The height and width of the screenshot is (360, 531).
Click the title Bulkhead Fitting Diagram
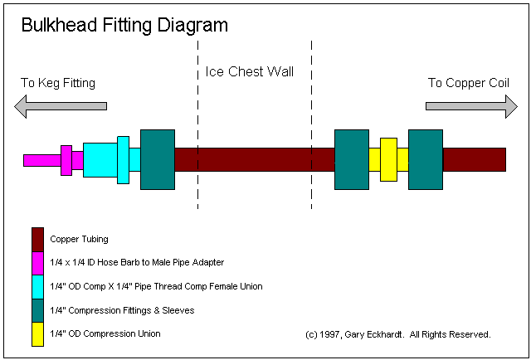[124, 26]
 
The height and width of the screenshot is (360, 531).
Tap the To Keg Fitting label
[58, 83]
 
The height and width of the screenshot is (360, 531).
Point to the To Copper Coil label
[467, 83]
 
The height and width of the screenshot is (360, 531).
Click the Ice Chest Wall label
[249, 71]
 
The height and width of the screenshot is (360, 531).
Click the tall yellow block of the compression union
[388, 159]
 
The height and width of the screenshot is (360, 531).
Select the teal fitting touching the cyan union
[158, 159]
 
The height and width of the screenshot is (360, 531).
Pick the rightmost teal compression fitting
[426, 159]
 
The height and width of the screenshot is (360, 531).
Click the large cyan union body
[100, 160]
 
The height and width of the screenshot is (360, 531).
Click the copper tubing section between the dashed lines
[255, 159]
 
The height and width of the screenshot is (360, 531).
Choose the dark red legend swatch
[37, 239]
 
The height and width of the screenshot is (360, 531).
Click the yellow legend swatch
[37, 334]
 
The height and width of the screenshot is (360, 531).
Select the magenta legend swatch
[37, 262]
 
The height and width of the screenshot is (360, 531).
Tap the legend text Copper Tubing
[80, 240]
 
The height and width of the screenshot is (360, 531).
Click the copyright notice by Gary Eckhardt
[398, 334]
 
